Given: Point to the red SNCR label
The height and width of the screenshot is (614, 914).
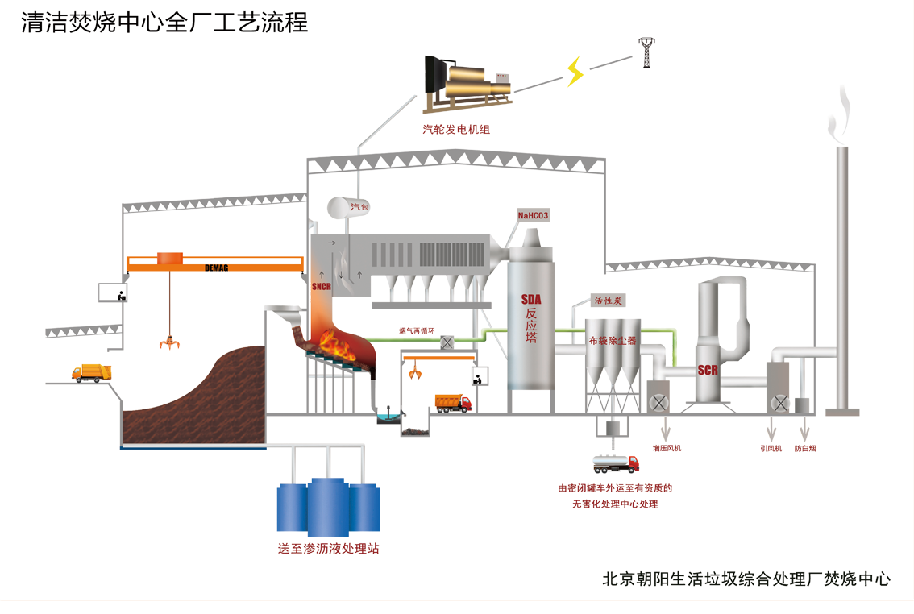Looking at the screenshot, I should point(322,286).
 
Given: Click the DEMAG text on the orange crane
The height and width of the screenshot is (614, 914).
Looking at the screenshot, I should point(217,267).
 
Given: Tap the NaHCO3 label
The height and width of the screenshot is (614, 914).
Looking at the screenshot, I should point(534,215).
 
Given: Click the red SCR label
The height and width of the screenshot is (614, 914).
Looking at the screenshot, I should point(708,370).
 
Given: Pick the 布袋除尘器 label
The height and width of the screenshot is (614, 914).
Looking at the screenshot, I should point(613,341).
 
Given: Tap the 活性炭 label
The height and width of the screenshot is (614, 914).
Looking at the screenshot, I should point(609,301).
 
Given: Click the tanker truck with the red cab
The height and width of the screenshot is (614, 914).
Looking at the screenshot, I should point(617,463).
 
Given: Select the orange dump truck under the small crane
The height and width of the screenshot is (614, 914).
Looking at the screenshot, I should point(453,403).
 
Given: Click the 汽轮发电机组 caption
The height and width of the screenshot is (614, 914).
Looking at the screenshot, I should point(455,129).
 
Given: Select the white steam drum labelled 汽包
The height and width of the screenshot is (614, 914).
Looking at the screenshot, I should point(335,205).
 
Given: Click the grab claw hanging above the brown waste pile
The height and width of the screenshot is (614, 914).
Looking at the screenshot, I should point(169,343).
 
